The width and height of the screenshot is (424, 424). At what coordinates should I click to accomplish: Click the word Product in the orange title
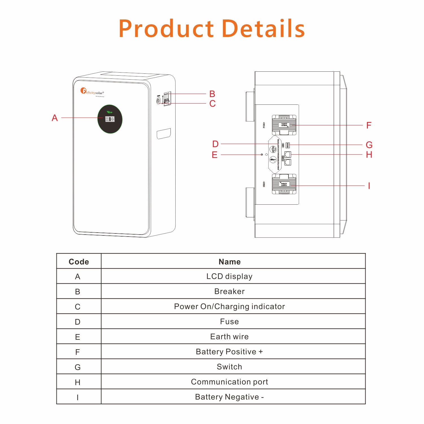point(167,29)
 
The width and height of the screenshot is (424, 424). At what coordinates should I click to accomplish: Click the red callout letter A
point(55,118)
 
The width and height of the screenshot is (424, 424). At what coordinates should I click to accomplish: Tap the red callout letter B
point(212,94)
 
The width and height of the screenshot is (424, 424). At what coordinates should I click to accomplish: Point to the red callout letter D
point(215,144)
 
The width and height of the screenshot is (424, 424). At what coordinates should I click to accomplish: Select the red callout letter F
point(369,125)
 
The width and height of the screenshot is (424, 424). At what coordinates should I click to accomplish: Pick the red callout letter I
point(369,186)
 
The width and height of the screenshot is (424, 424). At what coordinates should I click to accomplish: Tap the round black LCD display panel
point(110,119)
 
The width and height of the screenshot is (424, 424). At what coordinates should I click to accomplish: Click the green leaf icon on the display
point(110,112)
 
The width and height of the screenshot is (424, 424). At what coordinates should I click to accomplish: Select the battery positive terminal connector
point(284,125)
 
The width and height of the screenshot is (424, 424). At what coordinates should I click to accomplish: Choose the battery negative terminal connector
point(284,184)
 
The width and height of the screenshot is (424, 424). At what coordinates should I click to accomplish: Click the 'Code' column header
point(79,262)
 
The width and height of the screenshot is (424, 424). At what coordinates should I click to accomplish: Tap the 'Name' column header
point(230,262)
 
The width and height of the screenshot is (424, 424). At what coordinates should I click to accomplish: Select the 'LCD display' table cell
point(230,276)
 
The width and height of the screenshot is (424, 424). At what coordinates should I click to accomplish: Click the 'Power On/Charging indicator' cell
point(230,307)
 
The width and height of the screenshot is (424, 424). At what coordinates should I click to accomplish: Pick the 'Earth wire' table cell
point(230,336)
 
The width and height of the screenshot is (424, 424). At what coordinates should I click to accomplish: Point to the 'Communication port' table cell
point(230,382)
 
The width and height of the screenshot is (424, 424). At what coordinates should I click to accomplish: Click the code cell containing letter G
point(78,367)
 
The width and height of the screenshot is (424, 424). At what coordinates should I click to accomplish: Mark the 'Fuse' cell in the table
point(230,322)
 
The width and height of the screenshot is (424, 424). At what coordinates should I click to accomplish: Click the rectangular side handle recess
point(164,134)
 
